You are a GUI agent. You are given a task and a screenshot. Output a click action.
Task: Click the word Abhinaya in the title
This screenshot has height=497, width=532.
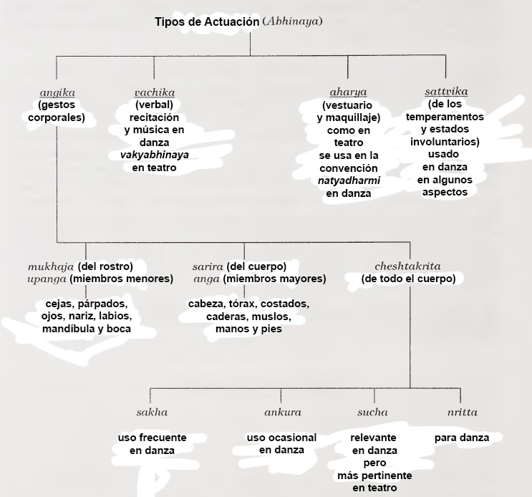tap(292, 21)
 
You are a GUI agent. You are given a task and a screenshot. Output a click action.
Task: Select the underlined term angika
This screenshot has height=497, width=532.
tap(57, 93)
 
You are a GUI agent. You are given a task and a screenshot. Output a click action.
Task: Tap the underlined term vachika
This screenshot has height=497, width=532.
tap(155, 92)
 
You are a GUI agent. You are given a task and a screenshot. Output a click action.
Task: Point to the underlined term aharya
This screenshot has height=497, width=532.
tap(348, 92)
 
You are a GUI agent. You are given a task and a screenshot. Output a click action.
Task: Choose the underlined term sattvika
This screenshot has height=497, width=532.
tap(446, 92)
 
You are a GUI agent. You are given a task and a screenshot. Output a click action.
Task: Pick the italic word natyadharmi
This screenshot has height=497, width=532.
tap(349, 180)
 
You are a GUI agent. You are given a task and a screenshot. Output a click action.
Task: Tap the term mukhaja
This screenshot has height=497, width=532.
tap(51, 267)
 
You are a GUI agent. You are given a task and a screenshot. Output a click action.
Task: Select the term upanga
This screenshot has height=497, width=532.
tap(47, 279)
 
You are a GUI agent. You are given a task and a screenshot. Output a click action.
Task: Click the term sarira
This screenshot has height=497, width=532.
tap(208, 267)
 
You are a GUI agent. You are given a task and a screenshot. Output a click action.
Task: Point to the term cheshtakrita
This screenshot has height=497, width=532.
tap(407, 266)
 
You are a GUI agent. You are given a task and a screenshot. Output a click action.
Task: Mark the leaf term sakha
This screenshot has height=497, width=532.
tap(152, 412)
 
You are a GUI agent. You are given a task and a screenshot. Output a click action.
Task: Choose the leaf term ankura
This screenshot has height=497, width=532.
tap(283, 412)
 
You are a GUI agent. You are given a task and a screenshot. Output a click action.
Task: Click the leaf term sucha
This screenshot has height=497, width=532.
tap(372, 412)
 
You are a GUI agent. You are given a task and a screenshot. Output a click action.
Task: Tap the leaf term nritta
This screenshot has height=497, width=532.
tap(462, 412)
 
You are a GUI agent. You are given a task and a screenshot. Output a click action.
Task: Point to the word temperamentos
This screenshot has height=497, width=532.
tap(445, 117)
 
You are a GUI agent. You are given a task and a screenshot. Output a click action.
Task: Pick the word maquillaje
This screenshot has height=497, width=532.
tap(353, 118)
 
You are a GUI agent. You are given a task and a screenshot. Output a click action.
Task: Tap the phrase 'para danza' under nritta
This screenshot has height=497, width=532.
tap(462, 438)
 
